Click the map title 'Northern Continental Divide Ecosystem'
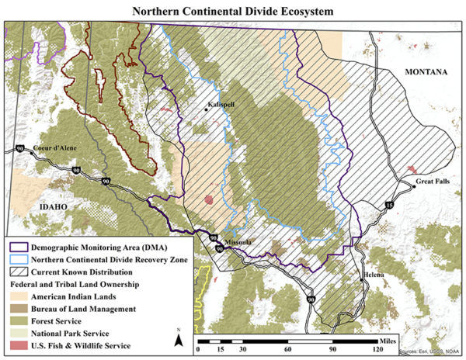(x=233, y=12)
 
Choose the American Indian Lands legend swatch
(x=17, y=297)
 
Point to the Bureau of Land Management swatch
(x=17, y=309)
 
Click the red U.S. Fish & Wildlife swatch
(x=17, y=344)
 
